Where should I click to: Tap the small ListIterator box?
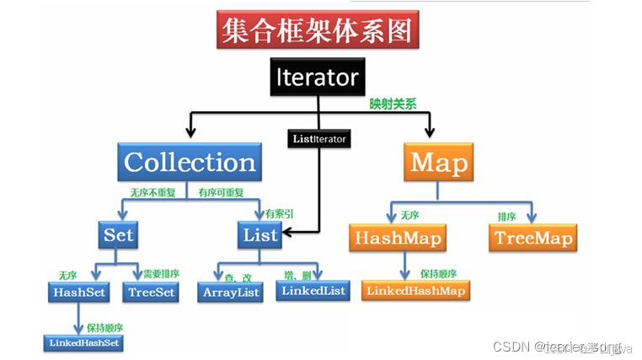(318, 137)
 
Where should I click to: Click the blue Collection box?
(190, 162)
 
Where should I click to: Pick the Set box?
(118, 234)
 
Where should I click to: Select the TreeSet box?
(151, 292)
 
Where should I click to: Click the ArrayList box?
(231, 292)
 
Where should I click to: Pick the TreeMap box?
(532, 238)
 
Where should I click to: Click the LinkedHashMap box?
(415, 291)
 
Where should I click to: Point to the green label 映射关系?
(393, 105)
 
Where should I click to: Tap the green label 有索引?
(279, 213)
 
